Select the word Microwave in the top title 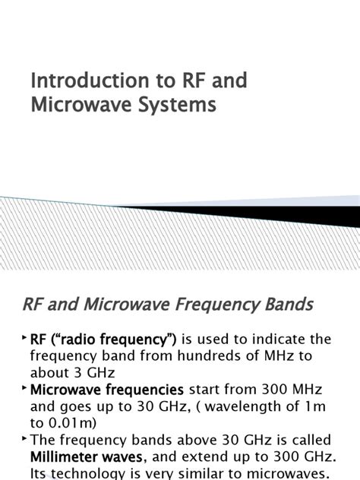point(74,106)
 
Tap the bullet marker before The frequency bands point(24,437)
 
